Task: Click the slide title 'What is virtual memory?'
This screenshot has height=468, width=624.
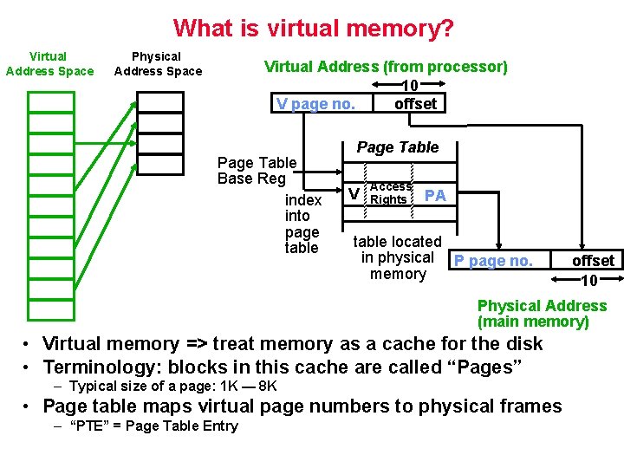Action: tap(313, 28)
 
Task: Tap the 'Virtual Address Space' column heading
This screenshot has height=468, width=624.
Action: tap(49, 64)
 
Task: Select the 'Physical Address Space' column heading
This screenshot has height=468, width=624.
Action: tap(158, 64)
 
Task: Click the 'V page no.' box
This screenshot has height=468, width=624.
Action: tap(315, 104)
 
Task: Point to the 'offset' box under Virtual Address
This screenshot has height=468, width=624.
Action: tap(415, 104)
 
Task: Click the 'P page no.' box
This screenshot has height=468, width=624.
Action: tap(494, 261)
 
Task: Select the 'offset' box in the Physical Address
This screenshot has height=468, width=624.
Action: tap(593, 261)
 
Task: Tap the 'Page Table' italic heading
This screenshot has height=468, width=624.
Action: tap(398, 147)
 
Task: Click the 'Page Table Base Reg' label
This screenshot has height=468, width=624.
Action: tap(257, 171)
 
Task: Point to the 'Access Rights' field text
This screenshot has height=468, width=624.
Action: tap(390, 193)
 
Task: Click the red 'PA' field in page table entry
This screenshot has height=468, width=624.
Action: tap(435, 196)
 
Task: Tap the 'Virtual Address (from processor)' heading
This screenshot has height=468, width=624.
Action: tap(386, 67)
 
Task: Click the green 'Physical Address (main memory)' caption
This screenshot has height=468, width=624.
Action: tap(542, 314)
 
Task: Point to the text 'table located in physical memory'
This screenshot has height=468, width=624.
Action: tap(398, 257)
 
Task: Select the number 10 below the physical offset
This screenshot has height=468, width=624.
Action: tap(588, 280)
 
